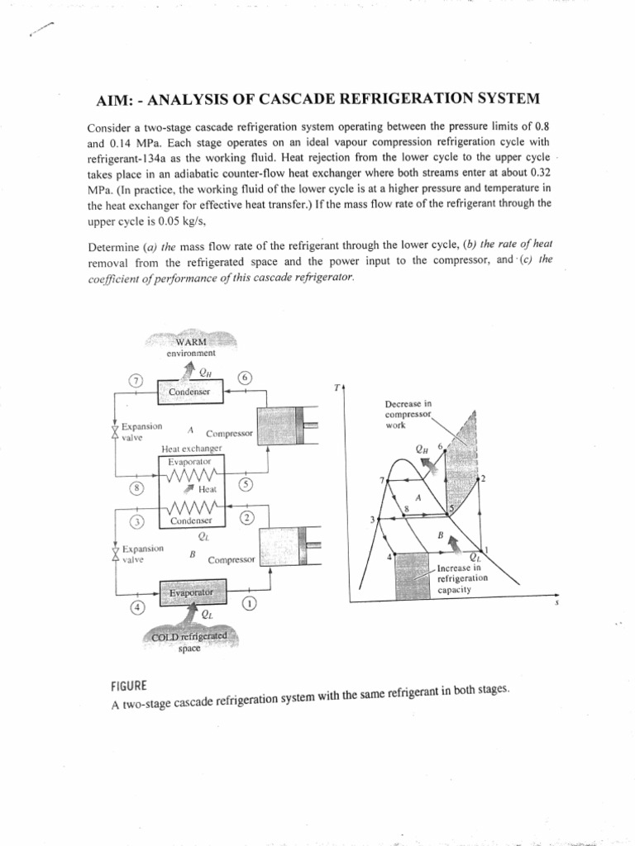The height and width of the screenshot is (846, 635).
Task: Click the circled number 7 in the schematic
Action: (x=136, y=381)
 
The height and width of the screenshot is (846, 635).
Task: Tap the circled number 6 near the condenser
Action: (x=245, y=378)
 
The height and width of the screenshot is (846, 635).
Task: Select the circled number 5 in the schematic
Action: (x=246, y=485)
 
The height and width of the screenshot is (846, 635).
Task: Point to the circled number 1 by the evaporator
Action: (x=249, y=603)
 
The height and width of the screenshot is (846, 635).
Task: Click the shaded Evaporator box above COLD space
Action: (x=190, y=592)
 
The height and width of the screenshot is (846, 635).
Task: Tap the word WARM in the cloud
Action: (x=191, y=343)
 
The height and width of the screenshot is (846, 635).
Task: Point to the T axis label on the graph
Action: (x=337, y=387)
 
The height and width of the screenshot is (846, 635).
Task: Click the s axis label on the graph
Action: (x=556, y=603)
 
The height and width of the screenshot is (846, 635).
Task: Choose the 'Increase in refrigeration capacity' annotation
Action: (x=463, y=578)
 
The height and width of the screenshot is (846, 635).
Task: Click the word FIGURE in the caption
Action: (x=128, y=686)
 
